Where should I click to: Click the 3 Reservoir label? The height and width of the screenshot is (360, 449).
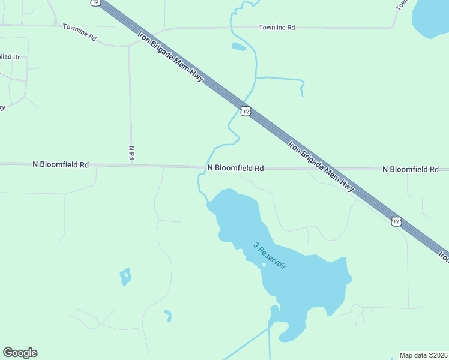(x=270, y=255)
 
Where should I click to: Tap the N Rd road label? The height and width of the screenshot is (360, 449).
(x=131, y=152)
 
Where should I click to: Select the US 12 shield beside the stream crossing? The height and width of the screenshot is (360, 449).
(x=246, y=111)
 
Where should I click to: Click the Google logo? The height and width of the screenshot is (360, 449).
(x=20, y=353)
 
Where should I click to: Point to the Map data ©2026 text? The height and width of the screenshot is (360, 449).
(x=423, y=355)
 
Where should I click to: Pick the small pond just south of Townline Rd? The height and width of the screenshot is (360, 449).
(x=238, y=46)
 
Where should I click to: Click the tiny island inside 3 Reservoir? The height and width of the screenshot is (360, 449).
(x=263, y=265)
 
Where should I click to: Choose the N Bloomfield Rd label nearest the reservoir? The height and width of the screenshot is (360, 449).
(x=235, y=169)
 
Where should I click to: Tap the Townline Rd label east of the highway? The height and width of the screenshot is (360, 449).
(x=277, y=28)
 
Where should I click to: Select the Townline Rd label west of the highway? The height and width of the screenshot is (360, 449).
(x=80, y=32)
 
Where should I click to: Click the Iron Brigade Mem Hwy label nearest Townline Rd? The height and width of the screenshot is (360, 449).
(x=171, y=59)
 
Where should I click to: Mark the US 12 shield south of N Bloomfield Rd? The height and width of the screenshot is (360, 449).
(x=396, y=221)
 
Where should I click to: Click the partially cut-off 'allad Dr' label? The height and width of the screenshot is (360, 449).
(x=10, y=56)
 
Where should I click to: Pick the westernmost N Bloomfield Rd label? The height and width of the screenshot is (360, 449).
(x=61, y=164)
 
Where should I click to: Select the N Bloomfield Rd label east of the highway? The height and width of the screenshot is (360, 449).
(x=411, y=170)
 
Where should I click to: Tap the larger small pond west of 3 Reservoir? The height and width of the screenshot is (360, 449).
(x=125, y=276)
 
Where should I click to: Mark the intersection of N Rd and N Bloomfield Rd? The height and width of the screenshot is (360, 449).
(x=131, y=166)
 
